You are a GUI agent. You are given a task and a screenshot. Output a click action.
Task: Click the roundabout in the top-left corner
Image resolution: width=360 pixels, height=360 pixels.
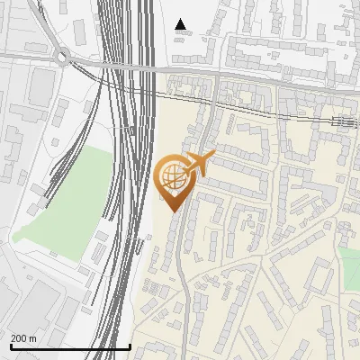click(x=63, y=58)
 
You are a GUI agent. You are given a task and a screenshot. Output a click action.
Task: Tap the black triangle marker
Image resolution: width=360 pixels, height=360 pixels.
click(x=181, y=24)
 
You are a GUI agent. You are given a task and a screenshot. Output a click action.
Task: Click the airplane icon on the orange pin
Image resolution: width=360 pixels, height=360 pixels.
click(x=199, y=164)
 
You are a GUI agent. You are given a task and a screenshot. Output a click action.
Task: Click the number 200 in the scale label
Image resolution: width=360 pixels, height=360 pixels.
click(x=20, y=337)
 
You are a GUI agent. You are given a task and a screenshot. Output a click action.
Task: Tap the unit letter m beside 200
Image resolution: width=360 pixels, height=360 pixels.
click(x=33, y=337)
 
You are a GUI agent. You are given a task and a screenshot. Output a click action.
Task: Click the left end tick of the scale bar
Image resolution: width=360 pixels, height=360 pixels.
click(x=11, y=346)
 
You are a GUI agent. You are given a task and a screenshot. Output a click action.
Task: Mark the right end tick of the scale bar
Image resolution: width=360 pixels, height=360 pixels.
click(x=130, y=346)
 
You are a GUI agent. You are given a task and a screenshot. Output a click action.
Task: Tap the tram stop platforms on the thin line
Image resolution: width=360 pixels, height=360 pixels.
click(x=342, y=121)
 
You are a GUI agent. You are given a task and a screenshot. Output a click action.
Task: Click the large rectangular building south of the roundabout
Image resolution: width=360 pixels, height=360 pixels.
click(x=40, y=86)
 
